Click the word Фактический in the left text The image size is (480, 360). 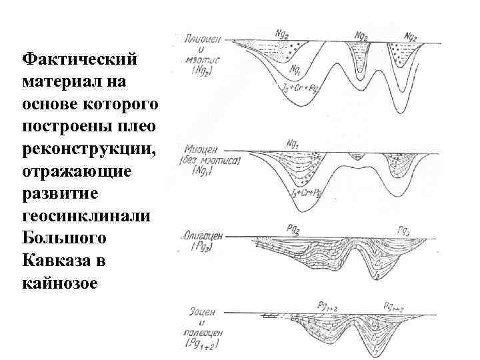pyautogui.click(x=79, y=59)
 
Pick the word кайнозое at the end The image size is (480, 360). pyautogui.click(x=59, y=283)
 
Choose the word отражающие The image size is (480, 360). pyautogui.click(x=77, y=171)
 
